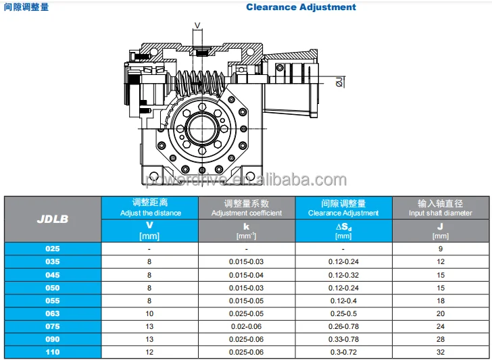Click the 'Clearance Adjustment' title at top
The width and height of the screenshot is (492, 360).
(x=301, y=7)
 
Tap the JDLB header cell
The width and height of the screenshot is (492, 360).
(x=52, y=219)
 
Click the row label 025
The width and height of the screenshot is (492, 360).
(x=52, y=249)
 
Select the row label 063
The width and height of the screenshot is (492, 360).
(x=52, y=313)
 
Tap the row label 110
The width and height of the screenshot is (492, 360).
(x=52, y=352)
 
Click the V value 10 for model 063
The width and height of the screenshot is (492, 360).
(x=150, y=313)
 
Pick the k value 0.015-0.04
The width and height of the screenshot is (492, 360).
(x=247, y=275)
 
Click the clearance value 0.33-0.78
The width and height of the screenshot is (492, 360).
(x=343, y=339)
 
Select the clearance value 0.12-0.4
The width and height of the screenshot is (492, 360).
(x=343, y=301)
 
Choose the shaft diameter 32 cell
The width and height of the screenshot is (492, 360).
(x=440, y=352)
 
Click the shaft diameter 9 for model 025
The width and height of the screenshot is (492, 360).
(x=440, y=249)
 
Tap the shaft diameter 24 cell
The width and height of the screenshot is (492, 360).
(x=440, y=326)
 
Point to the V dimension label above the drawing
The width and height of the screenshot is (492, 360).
(x=197, y=26)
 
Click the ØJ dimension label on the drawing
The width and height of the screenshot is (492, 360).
(x=339, y=82)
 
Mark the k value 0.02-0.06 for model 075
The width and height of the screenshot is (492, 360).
(x=247, y=326)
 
